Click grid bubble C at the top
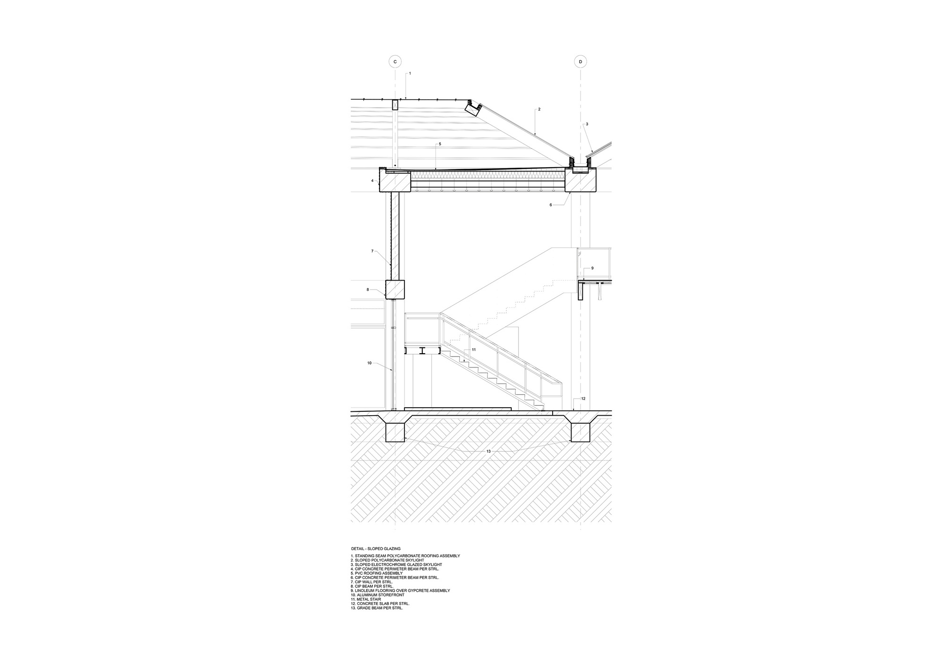click(x=395, y=62)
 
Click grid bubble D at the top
click(x=580, y=62)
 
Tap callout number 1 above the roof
click(x=410, y=73)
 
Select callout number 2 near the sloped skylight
click(x=539, y=109)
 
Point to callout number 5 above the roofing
click(x=440, y=144)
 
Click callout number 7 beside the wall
click(x=372, y=251)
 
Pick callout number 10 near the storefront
click(x=370, y=363)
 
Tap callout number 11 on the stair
click(x=473, y=349)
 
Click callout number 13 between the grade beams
click(x=489, y=452)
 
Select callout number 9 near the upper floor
click(x=592, y=268)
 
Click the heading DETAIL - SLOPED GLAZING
click(x=376, y=549)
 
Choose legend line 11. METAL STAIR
click(x=366, y=599)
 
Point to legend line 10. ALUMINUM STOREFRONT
click(x=378, y=595)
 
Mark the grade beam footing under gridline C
click(x=396, y=433)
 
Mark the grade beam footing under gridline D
click(x=581, y=433)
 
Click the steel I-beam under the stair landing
click(x=423, y=350)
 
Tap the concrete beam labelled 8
click(x=395, y=290)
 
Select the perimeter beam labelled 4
click(x=395, y=181)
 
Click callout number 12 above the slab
click(x=583, y=399)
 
